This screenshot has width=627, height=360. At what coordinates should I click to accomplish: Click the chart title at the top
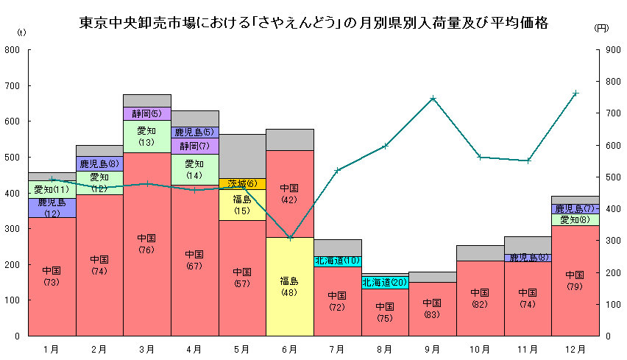pyautogui.click(x=313, y=23)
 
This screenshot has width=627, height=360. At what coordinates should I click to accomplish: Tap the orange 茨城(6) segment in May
pyautogui.click(x=242, y=183)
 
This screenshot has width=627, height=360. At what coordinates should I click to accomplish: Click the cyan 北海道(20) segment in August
pyautogui.click(x=385, y=282)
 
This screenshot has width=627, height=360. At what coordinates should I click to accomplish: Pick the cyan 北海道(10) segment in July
pyautogui.click(x=337, y=261)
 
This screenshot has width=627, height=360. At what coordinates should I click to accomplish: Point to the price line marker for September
pyautogui.click(x=433, y=98)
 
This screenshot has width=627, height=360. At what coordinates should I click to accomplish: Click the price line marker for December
pyautogui.click(x=575, y=93)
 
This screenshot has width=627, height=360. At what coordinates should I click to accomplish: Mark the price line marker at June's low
pyautogui.click(x=290, y=238)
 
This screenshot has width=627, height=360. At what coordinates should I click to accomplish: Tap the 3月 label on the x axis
pyautogui.click(x=146, y=348)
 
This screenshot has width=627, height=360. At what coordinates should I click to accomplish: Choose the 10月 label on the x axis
pyautogui.click(x=480, y=348)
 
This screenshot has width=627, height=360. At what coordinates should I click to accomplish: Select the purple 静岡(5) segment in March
pyautogui.click(x=146, y=113)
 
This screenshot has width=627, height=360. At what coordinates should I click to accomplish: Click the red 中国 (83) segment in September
pyautogui.click(x=433, y=308)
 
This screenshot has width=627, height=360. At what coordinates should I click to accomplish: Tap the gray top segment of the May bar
pyautogui.click(x=242, y=155)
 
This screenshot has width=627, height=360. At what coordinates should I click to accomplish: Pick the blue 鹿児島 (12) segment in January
pyautogui.click(x=52, y=208)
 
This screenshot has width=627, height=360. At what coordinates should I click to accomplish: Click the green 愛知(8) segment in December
pyautogui.click(x=575, y=219)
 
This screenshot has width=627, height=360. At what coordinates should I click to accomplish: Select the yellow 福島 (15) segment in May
pyautogui.click(x=242, y=205)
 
